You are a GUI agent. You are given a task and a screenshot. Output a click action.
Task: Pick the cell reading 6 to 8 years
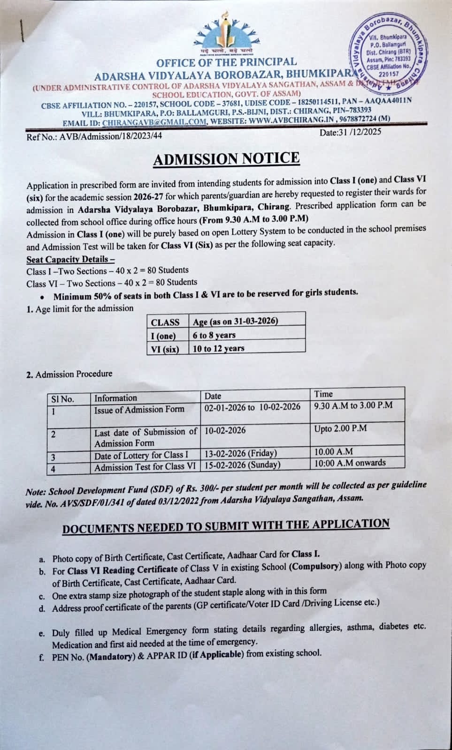click(214, 335)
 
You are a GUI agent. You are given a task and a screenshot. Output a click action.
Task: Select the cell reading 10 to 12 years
click(218, 348)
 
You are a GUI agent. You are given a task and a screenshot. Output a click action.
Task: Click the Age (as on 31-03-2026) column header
click(235, 322)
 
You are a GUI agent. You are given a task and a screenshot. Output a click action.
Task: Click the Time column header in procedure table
click(323, 394)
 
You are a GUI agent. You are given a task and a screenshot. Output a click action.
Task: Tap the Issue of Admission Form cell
click(139, 409)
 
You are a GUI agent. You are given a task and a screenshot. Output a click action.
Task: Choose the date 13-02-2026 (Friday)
click(240, 453)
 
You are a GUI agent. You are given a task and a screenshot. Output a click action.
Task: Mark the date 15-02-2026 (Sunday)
click(242, 465)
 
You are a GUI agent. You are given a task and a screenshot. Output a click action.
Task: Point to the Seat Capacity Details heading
click(70, 259)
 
